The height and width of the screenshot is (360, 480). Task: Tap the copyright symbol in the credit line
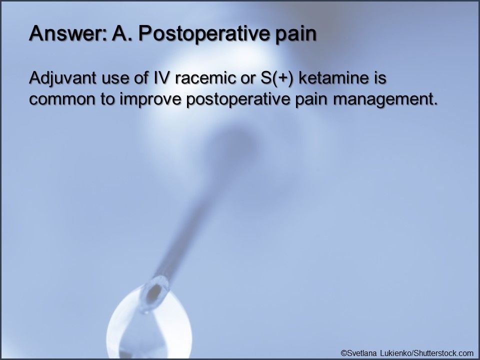(343, 352)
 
